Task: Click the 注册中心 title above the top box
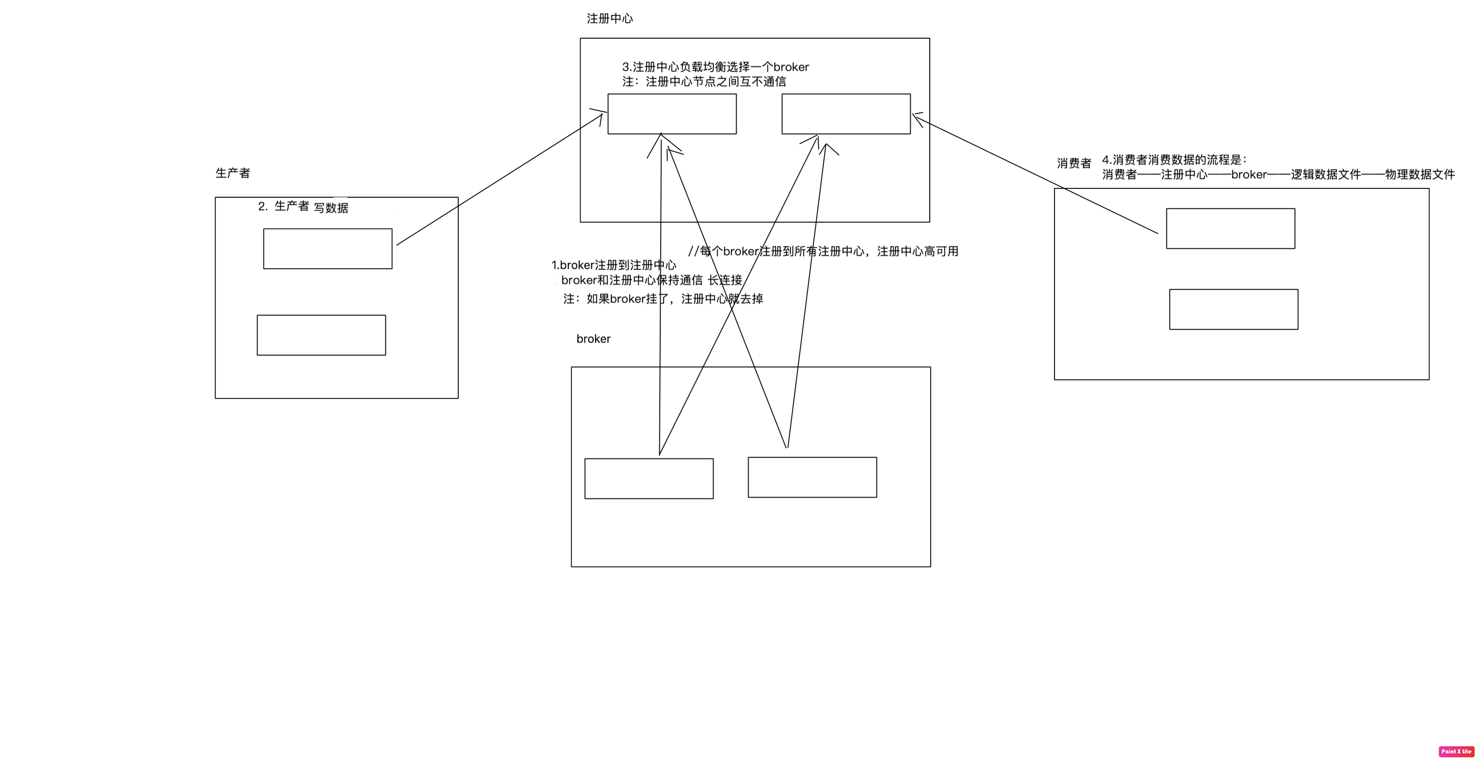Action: [609, 19]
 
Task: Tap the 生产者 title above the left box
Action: [232, 173]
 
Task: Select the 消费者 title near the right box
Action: [1074, 163]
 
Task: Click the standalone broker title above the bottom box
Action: [593, 339]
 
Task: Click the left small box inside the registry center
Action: [672, 114]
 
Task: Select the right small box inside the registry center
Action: [846, 114]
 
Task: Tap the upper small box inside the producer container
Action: [327, 249]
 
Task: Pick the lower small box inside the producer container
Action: [321, 335]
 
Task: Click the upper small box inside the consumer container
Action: [1231, 229]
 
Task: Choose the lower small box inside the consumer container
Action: [1233, 309]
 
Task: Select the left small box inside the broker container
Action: [649, 479]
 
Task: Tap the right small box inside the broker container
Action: [812, 477]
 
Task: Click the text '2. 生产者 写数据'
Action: [303, 207]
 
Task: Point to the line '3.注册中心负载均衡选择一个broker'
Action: [716, 67]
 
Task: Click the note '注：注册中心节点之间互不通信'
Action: [704, 82]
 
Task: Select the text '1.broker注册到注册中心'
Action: [614, 265]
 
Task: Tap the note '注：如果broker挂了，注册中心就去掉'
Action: [663, 299]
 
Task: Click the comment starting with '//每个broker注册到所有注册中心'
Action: [823, 251]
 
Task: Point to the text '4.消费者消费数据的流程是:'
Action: [1174, 160]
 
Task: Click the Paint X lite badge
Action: [1456, 751]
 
